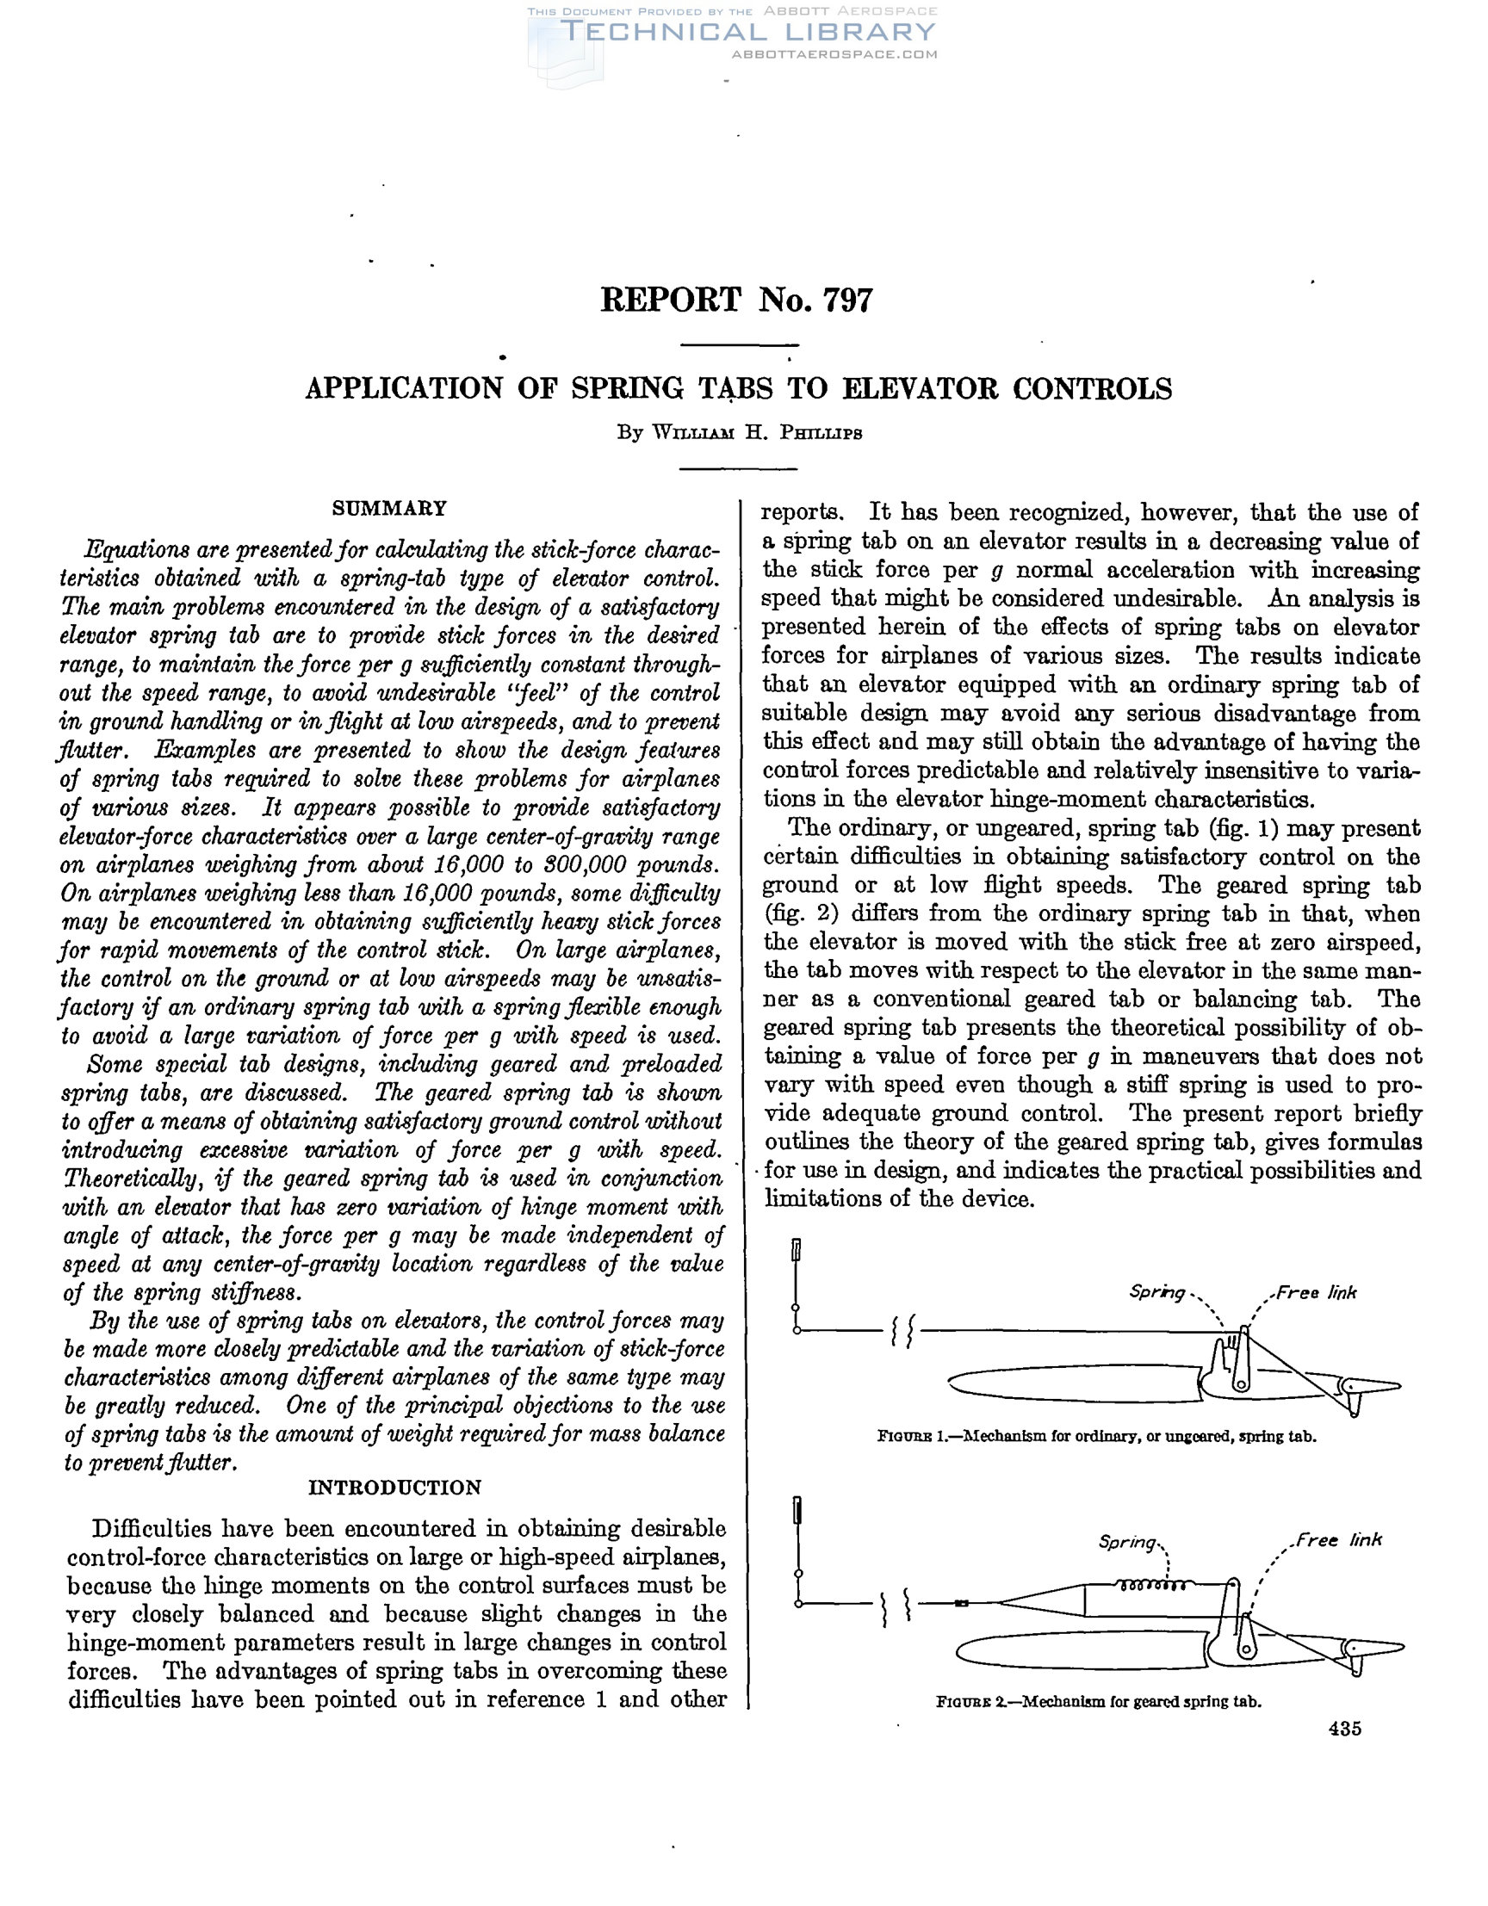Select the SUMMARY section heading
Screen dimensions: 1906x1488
pyautogui.click(x=389, y=509)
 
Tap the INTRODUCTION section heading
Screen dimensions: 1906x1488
pyautogui.click(x=394, y=1488)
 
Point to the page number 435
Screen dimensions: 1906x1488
pyautogui.click(x=1345, y=1729)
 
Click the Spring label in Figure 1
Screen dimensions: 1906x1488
pyautogui.click(x=1156, y=1292)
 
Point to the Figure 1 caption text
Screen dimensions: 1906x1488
pyautogui.click(x=1097, y=1437)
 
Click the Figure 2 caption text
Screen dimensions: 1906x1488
pyautogui.click(x=1099, y=1702)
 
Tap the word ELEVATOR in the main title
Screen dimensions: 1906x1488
pyautogui.click(x=918, y=389)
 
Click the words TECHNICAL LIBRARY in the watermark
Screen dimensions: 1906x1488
pyautogui.click(x=747, y=33)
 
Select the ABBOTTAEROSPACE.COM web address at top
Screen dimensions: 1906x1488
pyautogui.click(x=834, y=54)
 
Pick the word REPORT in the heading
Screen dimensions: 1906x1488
pyautogui.click(x=670, y=300)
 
